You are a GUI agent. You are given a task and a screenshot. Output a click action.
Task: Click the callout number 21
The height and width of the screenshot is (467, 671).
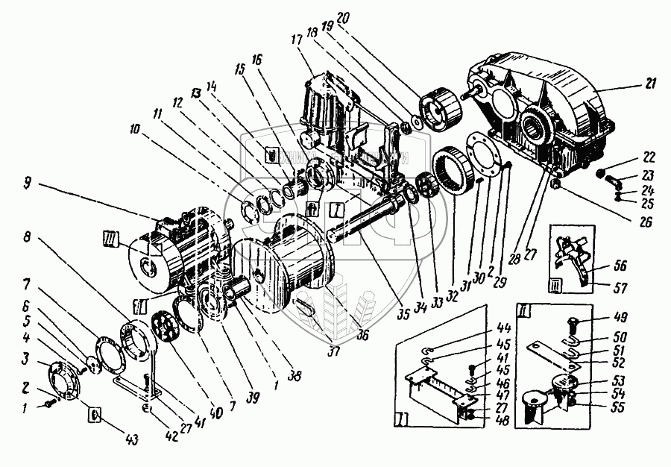click(651, 84)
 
